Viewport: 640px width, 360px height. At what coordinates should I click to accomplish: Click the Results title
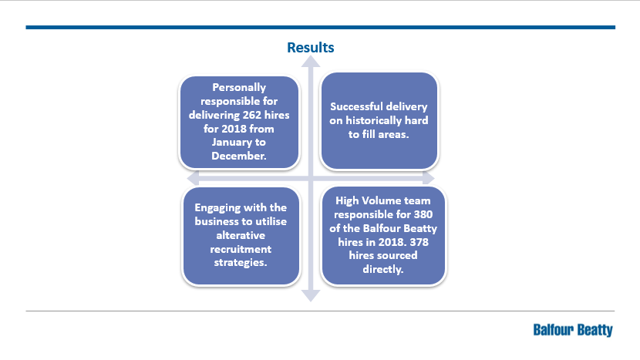tap(310, 47)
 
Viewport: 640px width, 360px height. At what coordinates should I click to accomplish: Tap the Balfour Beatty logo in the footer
tap(573, 330)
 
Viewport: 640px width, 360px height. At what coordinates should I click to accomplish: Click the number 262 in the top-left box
tap(252, 115)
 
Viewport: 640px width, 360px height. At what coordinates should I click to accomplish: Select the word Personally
tap(239, 88)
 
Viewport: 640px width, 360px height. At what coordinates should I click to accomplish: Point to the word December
tap(239, 156)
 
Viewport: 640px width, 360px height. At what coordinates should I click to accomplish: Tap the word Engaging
tap(217, 208)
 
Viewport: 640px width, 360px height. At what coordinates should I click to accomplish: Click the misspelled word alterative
tap(241, 236)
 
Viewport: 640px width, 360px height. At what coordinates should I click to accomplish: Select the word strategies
tap(241, 262)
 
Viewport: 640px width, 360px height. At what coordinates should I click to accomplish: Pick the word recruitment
tap(241, 249)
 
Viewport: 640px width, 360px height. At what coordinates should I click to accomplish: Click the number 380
tap(423, 215)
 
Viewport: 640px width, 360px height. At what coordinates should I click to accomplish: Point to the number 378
tap(419, 242)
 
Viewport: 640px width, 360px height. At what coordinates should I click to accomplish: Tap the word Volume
tap(382, 201)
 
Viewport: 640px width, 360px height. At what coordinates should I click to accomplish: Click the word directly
tap(383, 269)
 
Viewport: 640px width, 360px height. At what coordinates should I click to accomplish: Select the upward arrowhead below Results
tap(311, 62)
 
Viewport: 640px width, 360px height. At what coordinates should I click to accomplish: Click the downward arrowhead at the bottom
tap(311, 295)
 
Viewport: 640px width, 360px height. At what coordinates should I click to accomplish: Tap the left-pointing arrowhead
tap(193, 178)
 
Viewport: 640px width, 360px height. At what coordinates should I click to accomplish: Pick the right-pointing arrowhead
tap(428, 178)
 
